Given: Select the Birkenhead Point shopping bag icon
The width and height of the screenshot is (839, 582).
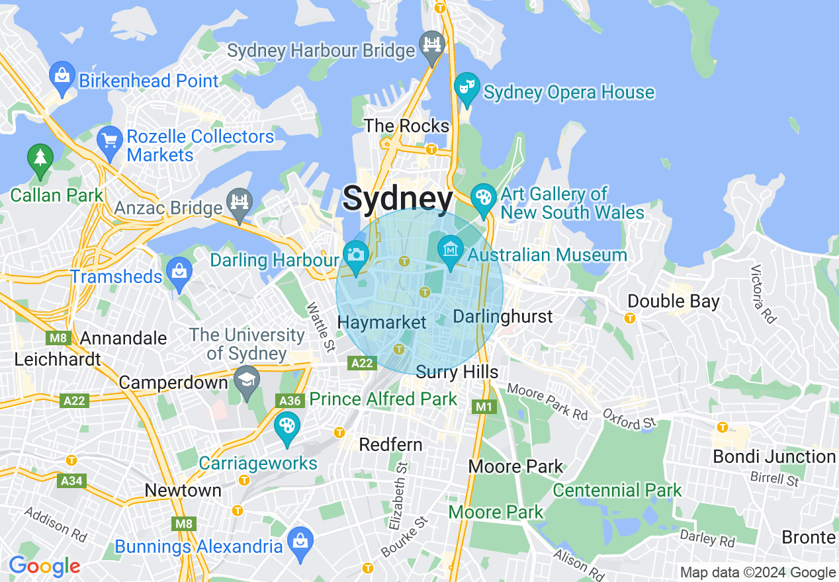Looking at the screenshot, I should pyautogui.click(x=62, y=77).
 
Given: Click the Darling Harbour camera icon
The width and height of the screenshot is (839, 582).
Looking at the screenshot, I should pyautogui.click(x=356, y=256).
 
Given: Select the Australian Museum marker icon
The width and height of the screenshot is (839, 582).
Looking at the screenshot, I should pyautogui.click(x=451, y=251).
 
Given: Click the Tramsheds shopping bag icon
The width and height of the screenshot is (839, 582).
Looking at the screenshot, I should pyautogui.click(x=179, y=273).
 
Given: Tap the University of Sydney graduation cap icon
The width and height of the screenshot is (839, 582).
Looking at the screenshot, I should pyautogui.click(x=247, y=381).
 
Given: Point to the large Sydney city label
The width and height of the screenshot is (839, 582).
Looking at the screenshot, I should pyautogui.click(x=398, y=198).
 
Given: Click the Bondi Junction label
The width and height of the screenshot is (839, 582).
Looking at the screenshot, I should pyautogui.click(x=773, y=456).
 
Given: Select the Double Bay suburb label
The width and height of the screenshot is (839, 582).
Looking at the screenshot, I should pyautogui.click(x=673, y=302).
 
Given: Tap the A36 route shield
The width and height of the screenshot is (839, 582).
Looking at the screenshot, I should pyautogui.click(x=290, y=400).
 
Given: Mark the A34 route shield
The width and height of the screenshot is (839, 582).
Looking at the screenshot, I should pyautogui.click(x=71, y=481).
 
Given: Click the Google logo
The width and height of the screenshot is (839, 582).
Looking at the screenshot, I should pyautogui.click(x=44, y=566).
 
